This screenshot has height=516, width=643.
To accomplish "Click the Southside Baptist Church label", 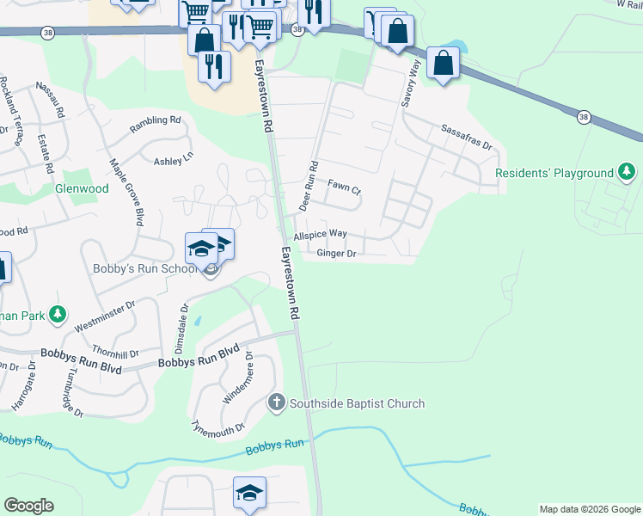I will point(358,403).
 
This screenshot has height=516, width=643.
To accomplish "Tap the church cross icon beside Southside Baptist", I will point(277,402).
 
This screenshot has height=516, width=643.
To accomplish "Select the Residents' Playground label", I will point(554,174).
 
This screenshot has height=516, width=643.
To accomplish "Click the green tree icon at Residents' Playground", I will point(627,174).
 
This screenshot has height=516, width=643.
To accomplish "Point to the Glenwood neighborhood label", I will point(82,188).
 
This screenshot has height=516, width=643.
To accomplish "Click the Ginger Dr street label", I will point(336,253).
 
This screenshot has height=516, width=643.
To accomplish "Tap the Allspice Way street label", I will point(320,234).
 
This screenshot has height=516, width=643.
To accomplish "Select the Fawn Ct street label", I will point(345,184).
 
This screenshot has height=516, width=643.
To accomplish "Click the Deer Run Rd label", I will point(308,186).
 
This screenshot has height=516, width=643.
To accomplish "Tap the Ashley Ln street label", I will point(174,161).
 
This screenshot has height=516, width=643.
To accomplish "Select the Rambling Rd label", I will point(156,125).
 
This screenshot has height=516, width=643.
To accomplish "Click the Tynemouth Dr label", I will point(218,427).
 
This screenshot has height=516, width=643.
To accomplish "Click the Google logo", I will point(29,506).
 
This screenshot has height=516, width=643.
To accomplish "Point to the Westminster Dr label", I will point(105,316).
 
